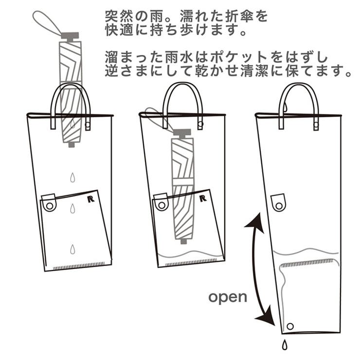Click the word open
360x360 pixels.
(228, 297)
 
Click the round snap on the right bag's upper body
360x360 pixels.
(279, 203)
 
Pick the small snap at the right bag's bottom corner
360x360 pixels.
(291, 325)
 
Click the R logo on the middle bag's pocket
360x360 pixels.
(203, 198)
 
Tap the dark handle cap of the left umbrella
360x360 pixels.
(70, 36)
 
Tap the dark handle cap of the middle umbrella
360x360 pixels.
(182, 132)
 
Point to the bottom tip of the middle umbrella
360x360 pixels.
(183, 240)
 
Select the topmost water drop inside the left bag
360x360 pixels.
(72, 177)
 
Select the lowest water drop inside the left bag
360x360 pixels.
(72, 250)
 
